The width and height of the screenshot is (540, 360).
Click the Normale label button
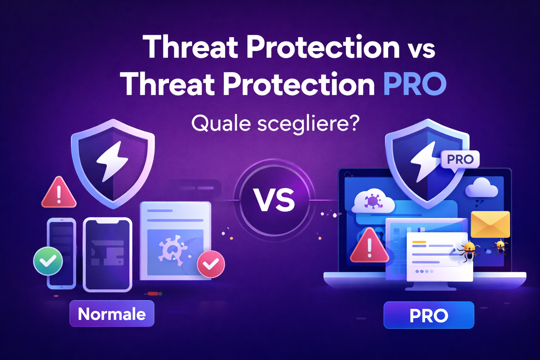pos(112,314)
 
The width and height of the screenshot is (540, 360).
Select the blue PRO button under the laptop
pos(429,315)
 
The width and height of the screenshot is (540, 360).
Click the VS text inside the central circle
pos(274,200)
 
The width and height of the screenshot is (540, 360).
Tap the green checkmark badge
pos(48,261)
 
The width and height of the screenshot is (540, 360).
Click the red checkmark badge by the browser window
pos(211,264)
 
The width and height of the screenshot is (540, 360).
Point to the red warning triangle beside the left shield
pos(59,192)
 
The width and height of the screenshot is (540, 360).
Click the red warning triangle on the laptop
pos(369,245)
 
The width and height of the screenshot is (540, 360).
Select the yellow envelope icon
pos(490,224)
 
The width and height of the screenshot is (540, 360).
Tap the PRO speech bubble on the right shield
pos(460,160)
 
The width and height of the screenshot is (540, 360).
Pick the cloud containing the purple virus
pos(373,201)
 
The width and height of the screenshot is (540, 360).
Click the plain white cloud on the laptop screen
pos(481,187)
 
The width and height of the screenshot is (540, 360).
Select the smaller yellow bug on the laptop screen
pos(500,247)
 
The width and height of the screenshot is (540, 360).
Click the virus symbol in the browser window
pos(173,249)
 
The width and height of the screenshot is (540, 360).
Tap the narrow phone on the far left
pos(62,253)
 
